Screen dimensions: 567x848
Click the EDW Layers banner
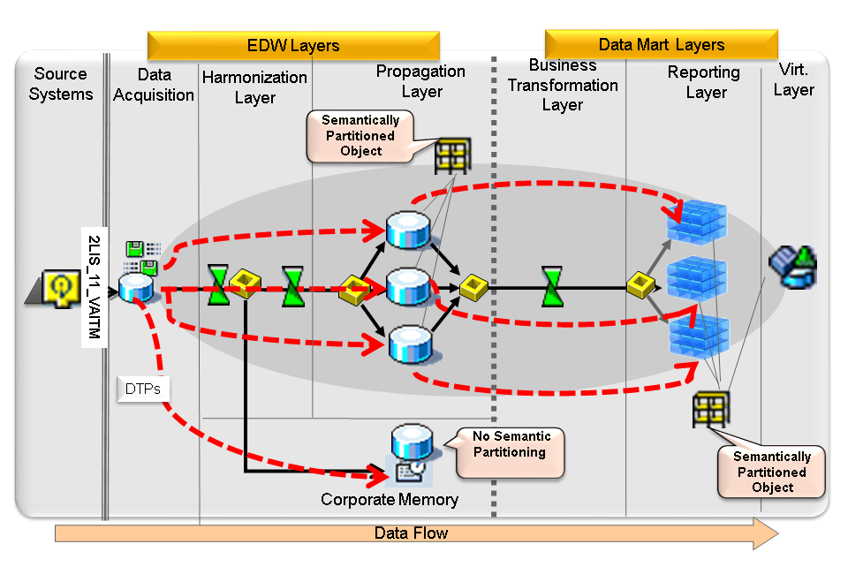coord(292,46)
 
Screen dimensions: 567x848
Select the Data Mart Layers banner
coord(661,44)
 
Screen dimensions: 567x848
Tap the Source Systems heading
coord(60,84)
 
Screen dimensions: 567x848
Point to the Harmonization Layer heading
coord(254,87)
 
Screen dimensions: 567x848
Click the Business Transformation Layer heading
coord(563,85)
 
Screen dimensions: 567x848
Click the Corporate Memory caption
coord(390,500)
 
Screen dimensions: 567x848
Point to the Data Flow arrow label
coord(411,533)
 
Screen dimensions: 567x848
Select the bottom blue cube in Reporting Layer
coord(697,336)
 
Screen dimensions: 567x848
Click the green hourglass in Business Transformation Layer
coord(552,286)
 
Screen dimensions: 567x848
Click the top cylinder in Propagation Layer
coord(408,230)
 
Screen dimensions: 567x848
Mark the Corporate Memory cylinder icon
coord(411,452)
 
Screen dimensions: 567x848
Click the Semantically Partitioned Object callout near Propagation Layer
coord(360,135)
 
